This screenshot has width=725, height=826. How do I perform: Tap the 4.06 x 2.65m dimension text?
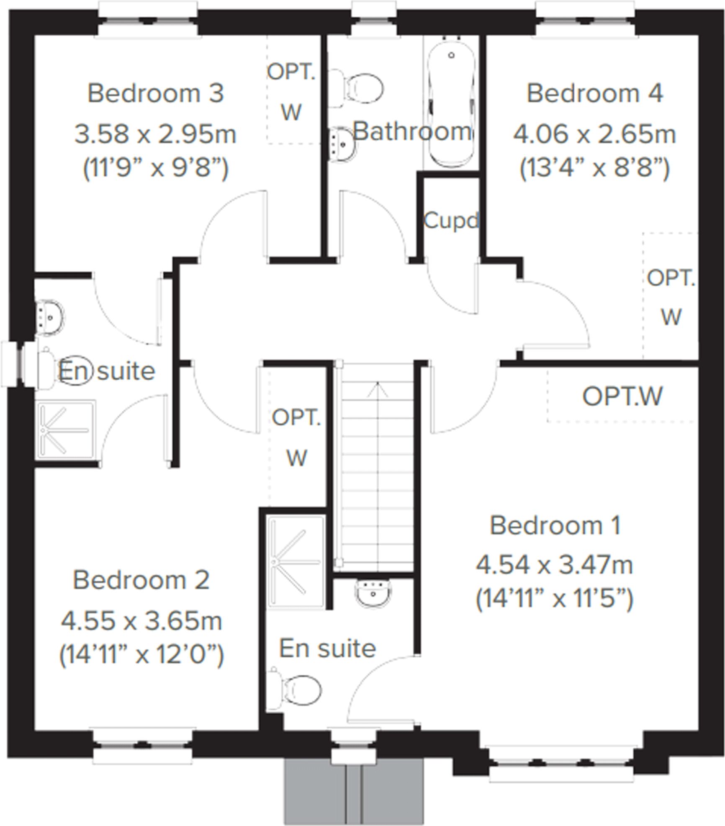(594, 135)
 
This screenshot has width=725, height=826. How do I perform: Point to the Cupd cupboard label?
(450, 220)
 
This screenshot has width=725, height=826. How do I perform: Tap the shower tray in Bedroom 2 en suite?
(65, 430)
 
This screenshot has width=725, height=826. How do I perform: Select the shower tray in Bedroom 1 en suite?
(296, 561)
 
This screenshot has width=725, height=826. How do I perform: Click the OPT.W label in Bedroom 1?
(622, 396)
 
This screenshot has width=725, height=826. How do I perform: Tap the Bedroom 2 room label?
(141, 580)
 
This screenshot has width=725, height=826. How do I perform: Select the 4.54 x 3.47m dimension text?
(554, 565)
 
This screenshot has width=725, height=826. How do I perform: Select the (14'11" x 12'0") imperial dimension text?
(141, 654)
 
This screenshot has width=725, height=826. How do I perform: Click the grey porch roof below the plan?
(354, 791)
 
